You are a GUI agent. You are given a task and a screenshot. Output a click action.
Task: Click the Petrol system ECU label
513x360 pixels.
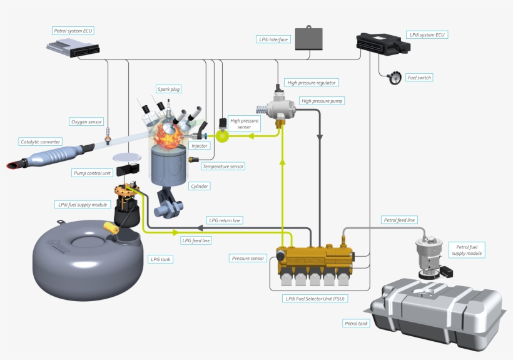click(74, 30)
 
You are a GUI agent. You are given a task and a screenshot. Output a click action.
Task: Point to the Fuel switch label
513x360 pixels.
click(419, 78)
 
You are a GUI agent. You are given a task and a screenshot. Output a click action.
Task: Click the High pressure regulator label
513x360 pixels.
click(312, 83)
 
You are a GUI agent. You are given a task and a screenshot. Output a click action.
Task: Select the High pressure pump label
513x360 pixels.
click(322, 100)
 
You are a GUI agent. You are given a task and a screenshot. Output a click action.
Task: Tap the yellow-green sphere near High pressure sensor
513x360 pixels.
click(223, 134)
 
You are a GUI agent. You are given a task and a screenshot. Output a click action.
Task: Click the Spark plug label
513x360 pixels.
click(169, 90)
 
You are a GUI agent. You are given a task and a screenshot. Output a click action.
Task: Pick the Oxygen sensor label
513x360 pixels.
click(86, 121)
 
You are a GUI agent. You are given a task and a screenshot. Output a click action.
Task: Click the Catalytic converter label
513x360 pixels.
click(41, 142)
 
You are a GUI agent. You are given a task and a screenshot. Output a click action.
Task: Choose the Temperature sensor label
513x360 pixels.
click(223, 167)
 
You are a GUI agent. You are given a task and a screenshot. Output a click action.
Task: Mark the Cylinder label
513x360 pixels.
click(200, 186)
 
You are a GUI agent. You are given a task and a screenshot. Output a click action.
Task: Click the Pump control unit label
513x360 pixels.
click(91, 172)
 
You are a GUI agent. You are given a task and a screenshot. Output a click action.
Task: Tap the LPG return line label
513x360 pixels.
click(225, 220)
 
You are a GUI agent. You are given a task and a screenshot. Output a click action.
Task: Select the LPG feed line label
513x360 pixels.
click(196, 240)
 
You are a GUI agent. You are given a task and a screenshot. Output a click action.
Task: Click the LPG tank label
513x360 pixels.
click(161, 259)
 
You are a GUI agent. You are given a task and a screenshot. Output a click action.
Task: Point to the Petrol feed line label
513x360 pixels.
click(399, 220)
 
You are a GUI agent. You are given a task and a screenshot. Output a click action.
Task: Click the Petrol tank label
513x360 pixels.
click(356, 324)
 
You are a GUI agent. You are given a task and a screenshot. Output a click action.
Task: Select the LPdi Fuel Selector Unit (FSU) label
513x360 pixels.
click(316, 299)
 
